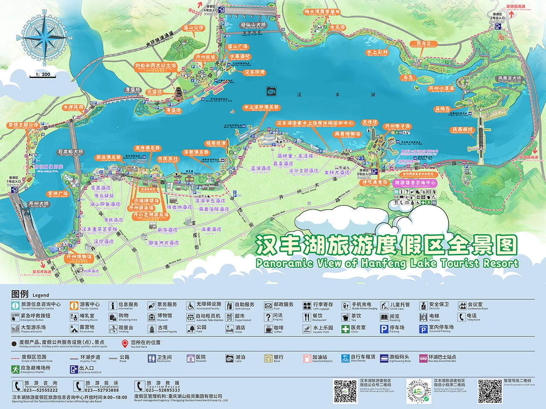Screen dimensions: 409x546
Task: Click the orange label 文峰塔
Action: click(x=370, y=123)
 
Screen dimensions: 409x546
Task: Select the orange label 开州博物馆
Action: click(x=79, y=257)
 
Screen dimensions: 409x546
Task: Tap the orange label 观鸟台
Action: click(x=424, y=44)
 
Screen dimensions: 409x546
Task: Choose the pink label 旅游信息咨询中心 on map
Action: click(x=415, y=183)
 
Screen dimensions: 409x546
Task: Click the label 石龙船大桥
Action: click(x=70, y=152)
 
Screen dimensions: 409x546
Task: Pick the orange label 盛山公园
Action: click(x=193, y=28)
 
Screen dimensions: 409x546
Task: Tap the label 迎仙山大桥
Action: click(x=253, y=25)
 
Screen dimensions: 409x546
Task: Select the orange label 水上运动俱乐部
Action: click(x=261, y=107)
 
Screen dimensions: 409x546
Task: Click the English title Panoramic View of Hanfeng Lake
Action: click(x=387, y=263)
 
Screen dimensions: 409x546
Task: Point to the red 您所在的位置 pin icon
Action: click(x=125, y=343)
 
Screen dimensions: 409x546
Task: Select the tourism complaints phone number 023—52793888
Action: click(x=102, y=390)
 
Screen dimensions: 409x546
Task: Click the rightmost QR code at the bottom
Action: click(x=490, y=391)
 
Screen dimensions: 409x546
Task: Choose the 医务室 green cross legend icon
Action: click(x=345, y=329)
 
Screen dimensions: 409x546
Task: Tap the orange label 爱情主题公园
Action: click(x=23, y=125)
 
